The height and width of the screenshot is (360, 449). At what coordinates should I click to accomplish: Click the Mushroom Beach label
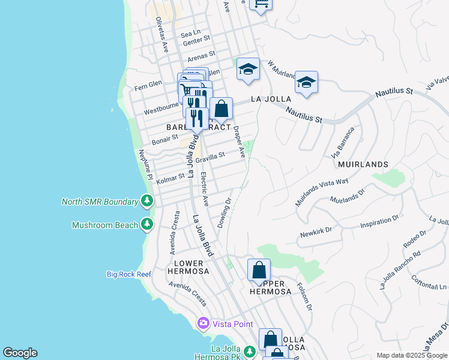tap(104, 226)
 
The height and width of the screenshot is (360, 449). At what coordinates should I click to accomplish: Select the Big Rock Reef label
tap(128, 274)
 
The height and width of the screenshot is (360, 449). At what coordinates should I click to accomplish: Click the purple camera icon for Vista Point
tap(203, 324)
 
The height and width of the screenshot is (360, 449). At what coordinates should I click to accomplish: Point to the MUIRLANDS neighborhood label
tap(363, 164)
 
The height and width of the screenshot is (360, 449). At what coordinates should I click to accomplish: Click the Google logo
tap(20, 353)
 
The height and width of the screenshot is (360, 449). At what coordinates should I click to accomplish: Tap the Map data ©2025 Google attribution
tap(412, 355)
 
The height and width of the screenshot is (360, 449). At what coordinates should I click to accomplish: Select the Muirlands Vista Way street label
tap(322, 193)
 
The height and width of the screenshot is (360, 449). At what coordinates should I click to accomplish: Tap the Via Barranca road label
tap(343, 142)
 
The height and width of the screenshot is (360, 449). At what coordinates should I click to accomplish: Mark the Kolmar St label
tap(170, 179)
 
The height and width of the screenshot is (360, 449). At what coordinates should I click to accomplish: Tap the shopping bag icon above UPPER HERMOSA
tap(259, 271)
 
